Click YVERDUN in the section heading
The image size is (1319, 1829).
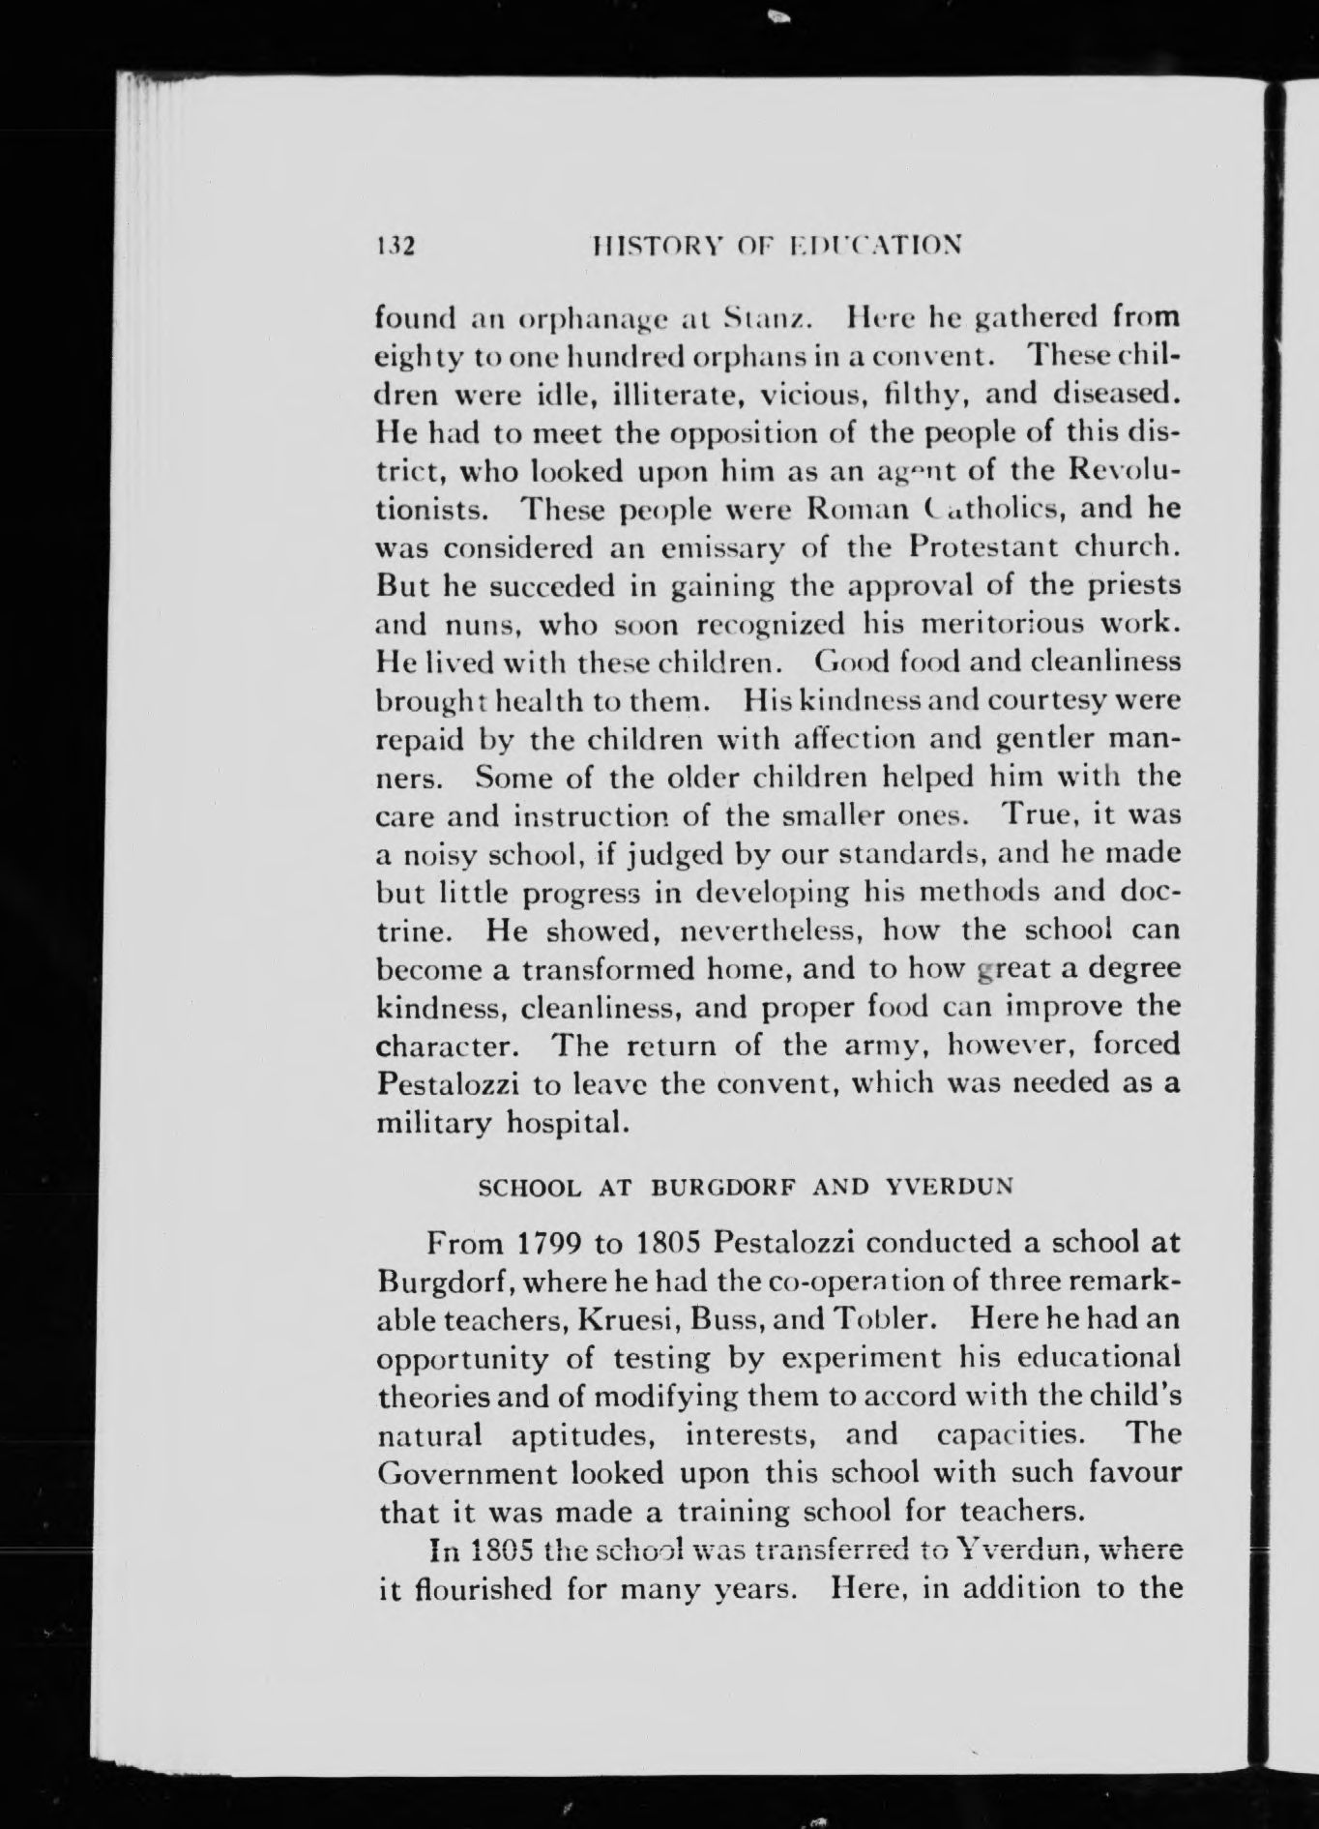pos(951,1188)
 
